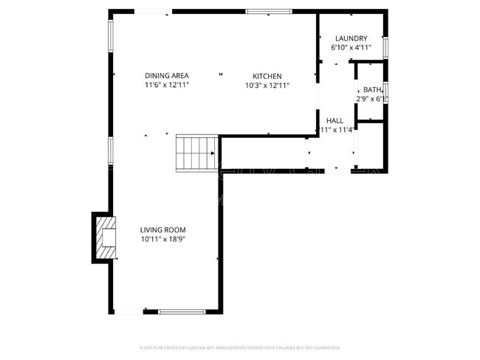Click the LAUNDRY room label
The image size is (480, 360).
point(351,38)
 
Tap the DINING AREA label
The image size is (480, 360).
point(167,76)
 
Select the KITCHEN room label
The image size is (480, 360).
point(267,76)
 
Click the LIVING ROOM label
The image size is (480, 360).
point(162,229)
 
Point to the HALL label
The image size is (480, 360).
point(335,120)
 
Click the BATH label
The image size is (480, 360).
point(372,90)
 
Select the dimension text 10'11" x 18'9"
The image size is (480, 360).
point(162,239)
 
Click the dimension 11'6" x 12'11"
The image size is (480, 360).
point(167,86)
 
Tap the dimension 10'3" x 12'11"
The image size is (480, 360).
point(267,86)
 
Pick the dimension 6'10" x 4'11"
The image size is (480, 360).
point(351,48)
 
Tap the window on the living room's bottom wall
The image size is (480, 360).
point(181,311)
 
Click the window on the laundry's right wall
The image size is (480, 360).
point(385,45)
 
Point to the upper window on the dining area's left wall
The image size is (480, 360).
point(111,35)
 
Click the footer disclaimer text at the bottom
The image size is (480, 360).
point(240,347)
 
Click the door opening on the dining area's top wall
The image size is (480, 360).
point(151,11)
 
